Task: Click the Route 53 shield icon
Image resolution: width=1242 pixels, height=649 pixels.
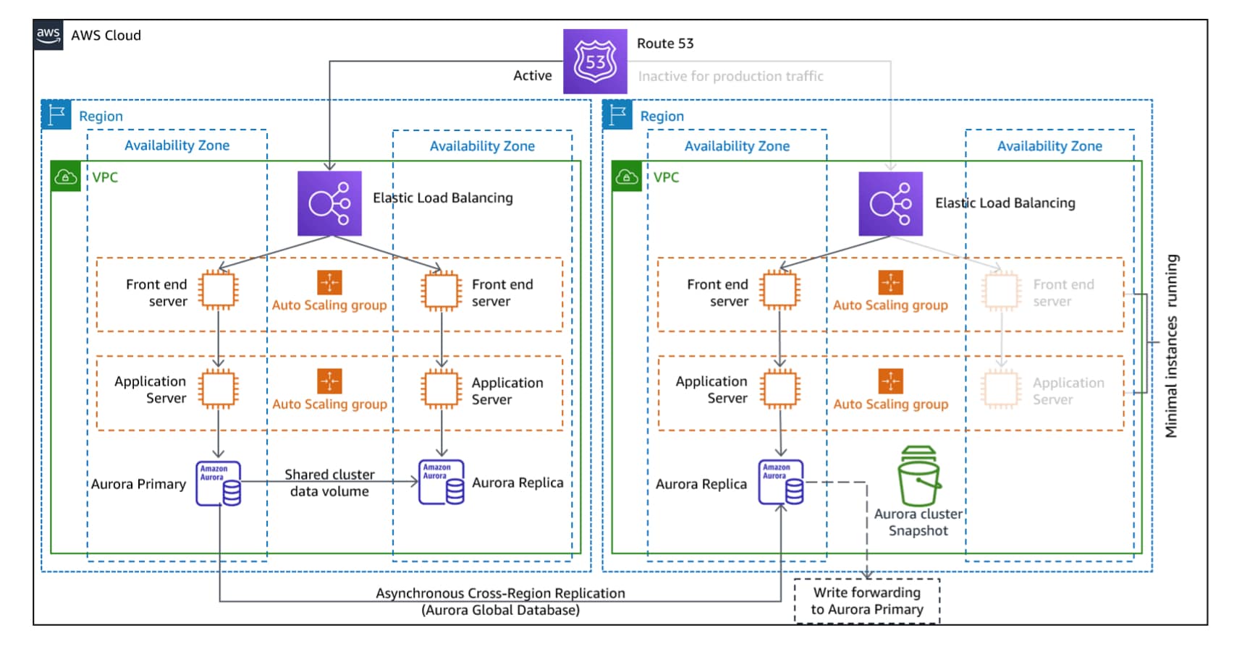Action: click(x=595, y=61)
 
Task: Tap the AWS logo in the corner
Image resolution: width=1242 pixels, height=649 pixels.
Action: click(x=48, y=35)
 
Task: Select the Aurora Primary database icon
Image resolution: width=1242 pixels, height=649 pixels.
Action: click(x=218, y=483)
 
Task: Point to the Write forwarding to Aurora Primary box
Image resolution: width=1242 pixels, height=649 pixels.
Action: click(x=866, y=601)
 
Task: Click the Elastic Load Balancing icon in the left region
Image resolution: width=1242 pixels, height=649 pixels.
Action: click(x=329, y=203)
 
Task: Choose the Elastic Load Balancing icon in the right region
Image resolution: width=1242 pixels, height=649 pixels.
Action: click(x=890, y=204)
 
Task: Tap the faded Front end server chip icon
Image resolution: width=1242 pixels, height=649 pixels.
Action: click(x=1001, y=291)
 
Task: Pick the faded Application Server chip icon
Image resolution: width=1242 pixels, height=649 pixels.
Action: click(x=1001, y=389)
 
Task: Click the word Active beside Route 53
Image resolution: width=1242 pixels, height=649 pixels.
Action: click(x=532, y=75)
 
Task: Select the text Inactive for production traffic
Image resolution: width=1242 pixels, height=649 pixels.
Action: click(x=730, y=76)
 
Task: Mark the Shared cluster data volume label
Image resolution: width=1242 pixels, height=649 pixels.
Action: click(x=329, y=483)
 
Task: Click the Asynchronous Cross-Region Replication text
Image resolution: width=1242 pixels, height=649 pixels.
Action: click(x=500, y=593)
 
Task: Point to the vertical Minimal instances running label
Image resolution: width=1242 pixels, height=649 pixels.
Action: click(x=1171, y=346)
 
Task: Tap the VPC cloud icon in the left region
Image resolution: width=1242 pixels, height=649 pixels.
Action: click(x=66, y=177)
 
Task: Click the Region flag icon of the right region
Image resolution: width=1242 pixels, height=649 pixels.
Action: click(x=617, y=115)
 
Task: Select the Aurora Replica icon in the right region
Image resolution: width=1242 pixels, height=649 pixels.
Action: click(x=780, y=483)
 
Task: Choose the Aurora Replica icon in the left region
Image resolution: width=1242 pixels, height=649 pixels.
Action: click(x=441, y=483)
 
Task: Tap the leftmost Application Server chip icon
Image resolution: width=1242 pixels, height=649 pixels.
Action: click(x=218, y=389)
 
